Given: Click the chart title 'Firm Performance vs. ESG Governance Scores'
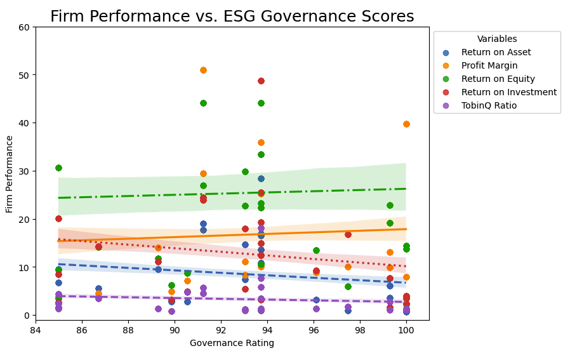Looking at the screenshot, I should click(x=232, y=17).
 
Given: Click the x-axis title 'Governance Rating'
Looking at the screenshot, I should click(x=232, y=343).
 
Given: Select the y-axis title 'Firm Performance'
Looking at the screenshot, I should click(x=10, y=173).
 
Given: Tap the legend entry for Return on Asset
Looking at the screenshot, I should click(x=496, y=53).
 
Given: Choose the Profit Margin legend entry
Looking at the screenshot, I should click(x=489, y=66).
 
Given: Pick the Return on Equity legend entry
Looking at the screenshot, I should click(x=498, y=79).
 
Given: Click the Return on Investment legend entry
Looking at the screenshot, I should click(x=508, y=93).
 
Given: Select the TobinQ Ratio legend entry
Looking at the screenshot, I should click(x=489, y=106).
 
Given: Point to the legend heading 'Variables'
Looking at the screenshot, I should click(x=497, y=39).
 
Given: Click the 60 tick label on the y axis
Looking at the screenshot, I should click(x=24, y=27).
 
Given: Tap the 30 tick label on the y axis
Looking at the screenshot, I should click(x=24, y=171).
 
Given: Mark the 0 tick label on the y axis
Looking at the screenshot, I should click(x=27, y=316).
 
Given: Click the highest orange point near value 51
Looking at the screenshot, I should click(x=203, y=70).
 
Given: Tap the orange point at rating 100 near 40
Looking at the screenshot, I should click(x=406, y=124).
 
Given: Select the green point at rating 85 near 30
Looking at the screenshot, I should click(x=58, y=168).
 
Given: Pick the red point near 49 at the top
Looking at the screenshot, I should click(x=261, y=81).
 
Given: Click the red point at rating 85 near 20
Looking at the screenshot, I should click(x=58, y=218).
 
